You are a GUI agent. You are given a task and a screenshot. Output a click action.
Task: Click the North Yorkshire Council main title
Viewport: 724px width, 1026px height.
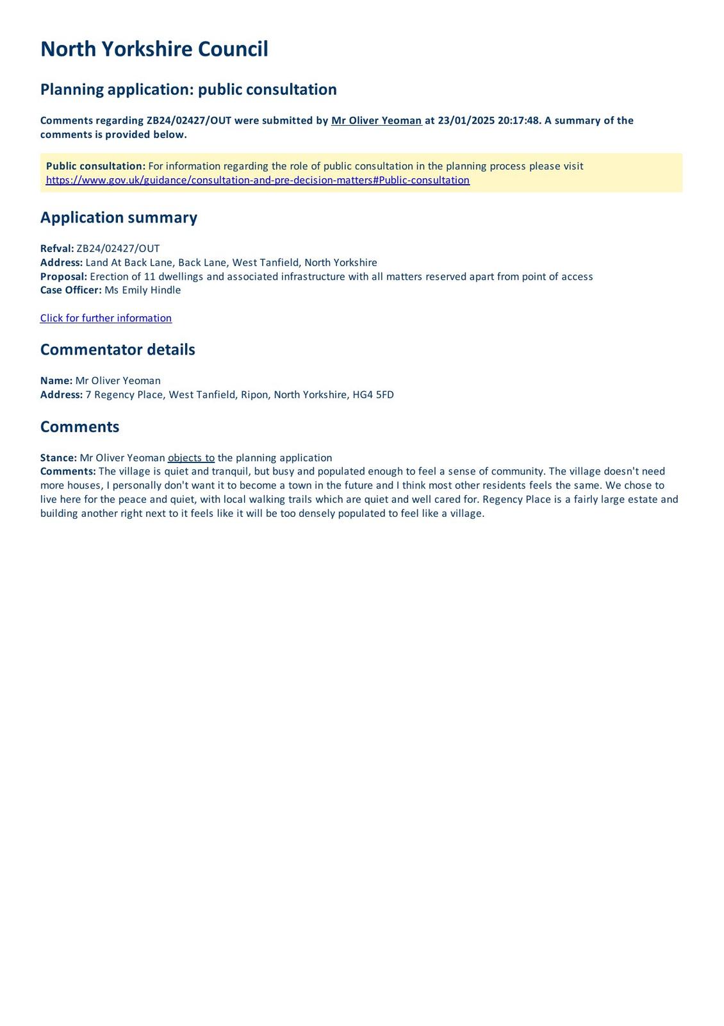click(154, 49)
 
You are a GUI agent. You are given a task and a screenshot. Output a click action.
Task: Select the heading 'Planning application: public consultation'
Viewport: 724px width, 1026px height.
click(188, 89)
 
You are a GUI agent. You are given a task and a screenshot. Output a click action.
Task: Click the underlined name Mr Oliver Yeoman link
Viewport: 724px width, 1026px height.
click(376, 121)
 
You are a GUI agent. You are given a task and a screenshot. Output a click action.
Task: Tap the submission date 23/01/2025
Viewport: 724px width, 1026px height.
click(466, 121)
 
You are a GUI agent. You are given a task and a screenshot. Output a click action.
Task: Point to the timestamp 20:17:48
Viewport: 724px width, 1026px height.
click(519, 121)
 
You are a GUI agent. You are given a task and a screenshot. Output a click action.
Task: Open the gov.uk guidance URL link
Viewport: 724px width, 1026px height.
click(258, 180)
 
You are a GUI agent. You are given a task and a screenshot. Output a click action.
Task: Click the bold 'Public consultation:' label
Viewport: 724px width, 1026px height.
click(95, 166)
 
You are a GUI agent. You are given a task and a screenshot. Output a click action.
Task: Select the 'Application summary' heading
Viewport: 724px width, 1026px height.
click(119, 217)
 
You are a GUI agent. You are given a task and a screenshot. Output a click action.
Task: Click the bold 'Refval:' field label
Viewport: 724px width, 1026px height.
click(57, 248)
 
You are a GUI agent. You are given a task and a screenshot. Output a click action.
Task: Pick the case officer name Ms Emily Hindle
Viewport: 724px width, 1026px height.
click(142, 290)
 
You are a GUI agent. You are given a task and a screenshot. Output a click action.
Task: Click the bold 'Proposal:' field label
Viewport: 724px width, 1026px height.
click(63, 276)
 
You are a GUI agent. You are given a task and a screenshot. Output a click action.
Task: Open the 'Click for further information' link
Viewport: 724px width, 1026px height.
click(106, 318)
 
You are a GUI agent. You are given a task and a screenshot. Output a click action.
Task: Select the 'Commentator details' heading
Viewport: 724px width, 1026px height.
click(117, 349)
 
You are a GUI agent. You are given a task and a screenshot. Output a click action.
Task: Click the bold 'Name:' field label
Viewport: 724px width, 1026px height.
click(56, 380)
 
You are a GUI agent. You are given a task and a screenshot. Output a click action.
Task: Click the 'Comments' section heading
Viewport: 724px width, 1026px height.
click(79, 427)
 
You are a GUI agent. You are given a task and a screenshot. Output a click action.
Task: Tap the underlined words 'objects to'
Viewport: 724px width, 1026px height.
click(191, 458)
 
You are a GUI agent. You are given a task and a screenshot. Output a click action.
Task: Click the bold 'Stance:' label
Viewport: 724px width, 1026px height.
click(58, 458)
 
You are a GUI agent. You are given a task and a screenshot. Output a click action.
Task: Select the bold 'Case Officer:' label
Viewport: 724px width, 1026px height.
click(70, 290)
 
